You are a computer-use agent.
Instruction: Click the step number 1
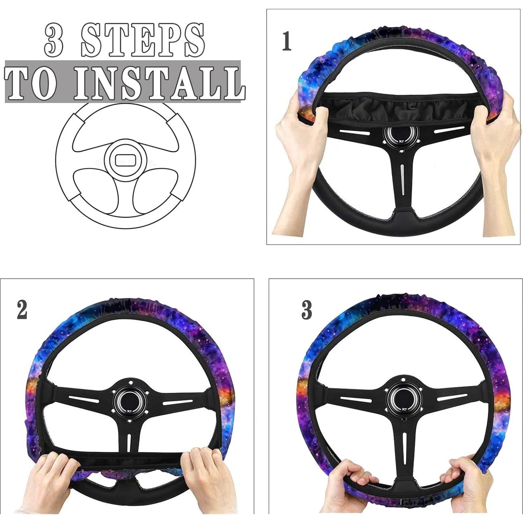coord(286,41)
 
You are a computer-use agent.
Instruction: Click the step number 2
coord(22,310)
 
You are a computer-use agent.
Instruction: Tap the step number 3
coord(307,310)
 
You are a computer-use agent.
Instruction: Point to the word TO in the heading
coord(31,83)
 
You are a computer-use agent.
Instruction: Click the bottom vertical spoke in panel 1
coord(402,182)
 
